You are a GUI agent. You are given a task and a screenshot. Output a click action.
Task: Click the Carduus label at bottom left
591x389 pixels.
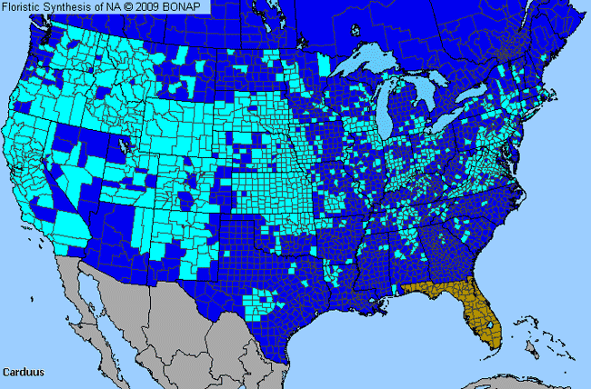(x=22, y=373)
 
